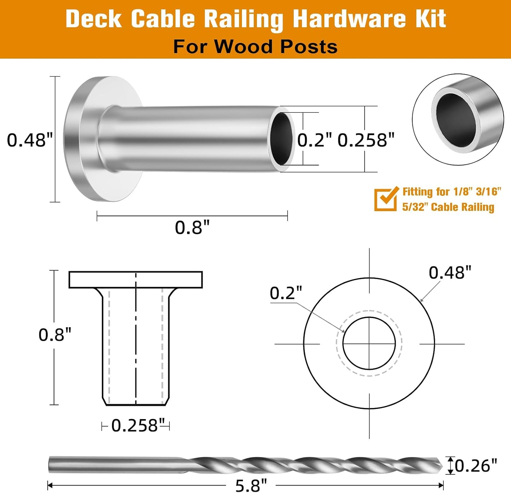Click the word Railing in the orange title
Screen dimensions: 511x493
point(243,19)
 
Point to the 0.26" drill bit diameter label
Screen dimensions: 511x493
point(476,466)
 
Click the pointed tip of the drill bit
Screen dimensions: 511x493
point(442,466)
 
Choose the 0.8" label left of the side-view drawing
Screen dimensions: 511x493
point(55,335)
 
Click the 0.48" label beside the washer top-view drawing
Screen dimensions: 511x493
point(450,272)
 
